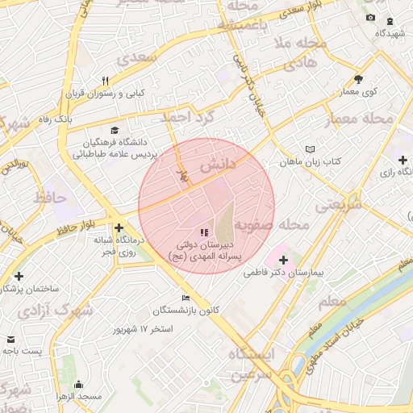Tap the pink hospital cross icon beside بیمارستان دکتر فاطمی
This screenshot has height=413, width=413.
point(283,260)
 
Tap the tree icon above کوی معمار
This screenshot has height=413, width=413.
point(359,79)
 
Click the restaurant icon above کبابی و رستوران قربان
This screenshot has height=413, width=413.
point(105,80)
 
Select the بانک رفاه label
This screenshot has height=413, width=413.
point(81,119)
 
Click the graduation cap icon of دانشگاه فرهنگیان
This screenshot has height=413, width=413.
point(114,130)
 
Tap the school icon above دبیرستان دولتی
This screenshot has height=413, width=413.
point(202,232)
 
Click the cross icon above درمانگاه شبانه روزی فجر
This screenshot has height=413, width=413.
point(119,227)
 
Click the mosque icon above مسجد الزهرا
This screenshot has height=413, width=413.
point(78,384)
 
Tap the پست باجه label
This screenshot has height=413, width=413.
point(20,352)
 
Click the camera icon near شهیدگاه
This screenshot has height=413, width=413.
point(370,18)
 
